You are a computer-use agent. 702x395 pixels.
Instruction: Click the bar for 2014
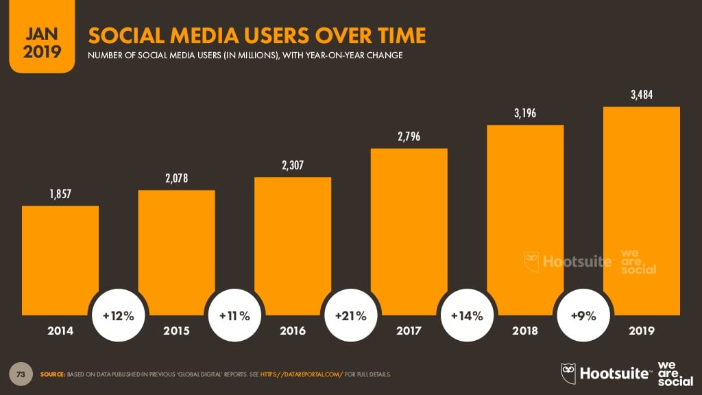60,261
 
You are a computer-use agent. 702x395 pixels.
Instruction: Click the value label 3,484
641,95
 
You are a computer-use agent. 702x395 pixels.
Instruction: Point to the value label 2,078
176,179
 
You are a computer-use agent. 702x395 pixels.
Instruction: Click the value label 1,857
60,195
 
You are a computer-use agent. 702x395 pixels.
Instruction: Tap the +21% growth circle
350,316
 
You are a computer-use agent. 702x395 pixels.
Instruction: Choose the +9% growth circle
583,316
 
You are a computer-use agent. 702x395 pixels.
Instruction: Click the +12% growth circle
118,316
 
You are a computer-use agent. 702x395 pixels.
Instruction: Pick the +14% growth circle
467,316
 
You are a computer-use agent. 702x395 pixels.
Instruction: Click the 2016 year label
293,331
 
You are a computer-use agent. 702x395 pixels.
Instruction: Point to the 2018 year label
525,331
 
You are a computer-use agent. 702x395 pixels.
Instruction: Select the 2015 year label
176,331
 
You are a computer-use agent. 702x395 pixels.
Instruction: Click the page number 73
22,374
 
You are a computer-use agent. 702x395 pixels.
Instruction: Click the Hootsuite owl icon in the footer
568,373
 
